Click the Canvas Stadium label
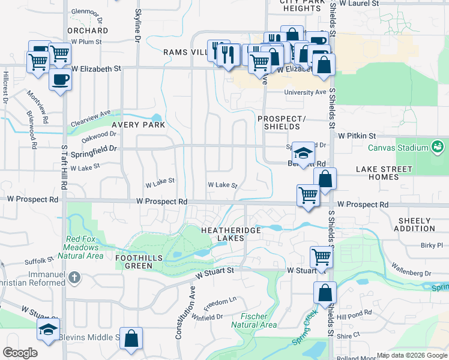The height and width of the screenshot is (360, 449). pos(398,148)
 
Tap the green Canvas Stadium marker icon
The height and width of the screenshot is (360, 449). pos(438,147)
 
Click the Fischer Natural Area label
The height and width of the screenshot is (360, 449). pos(258,320)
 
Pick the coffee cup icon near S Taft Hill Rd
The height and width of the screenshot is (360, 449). pos(59,79)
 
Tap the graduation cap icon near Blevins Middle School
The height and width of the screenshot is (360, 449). pos(49,328)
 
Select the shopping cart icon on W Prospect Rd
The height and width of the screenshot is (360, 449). pos(308,194)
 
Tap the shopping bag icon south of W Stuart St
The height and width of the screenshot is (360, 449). pos(325,292)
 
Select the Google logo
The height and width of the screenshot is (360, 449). pos(20,353)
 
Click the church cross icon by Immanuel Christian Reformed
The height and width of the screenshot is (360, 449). pos(74,277)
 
